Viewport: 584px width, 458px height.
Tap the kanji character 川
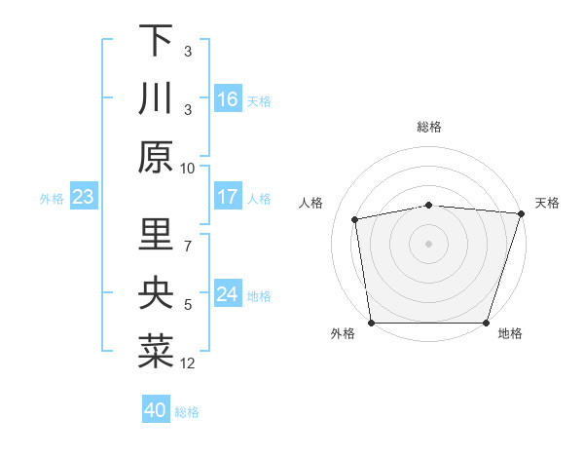156,98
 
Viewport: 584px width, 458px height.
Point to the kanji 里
156,235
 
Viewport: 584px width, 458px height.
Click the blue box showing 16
228,98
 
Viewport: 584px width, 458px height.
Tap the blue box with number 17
228,197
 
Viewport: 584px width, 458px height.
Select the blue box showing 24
228,294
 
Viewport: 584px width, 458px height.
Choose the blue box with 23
83,197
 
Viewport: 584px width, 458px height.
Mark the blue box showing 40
156,410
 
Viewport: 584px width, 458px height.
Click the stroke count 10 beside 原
188,168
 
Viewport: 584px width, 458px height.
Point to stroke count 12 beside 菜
188,363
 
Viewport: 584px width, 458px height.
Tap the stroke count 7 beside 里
188,246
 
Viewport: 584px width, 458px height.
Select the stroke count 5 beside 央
188,305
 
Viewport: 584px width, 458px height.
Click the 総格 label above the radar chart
429,127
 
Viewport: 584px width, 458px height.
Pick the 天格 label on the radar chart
547,203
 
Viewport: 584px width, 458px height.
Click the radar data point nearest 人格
355,219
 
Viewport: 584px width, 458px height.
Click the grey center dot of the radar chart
429,243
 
